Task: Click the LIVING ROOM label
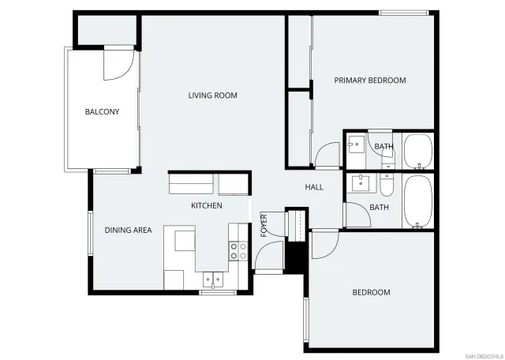pyautogui.click(x=212, y=96)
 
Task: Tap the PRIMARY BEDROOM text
pyautogui.click(x=369, y=81)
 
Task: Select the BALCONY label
pyautogui.click(x=102, y=112)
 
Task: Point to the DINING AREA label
pyautogui.click(x=128, y=231)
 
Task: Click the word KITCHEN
pyautogui.click(x=207, y=206)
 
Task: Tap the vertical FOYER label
pyautogui.click(x=264, y=225)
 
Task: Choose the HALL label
pyautogui.click(x=314, y=187)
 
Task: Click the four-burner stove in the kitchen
pyautogui.click(x=238, y=251)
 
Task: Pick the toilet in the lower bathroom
pyautogui.click(x=386, y=186)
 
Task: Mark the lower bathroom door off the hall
pyautogui.click(x=355, y=216)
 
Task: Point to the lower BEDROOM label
pyautogui.click(x=371, y=293)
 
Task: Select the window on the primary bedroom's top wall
pyautogui.click(x=403, y=13)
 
